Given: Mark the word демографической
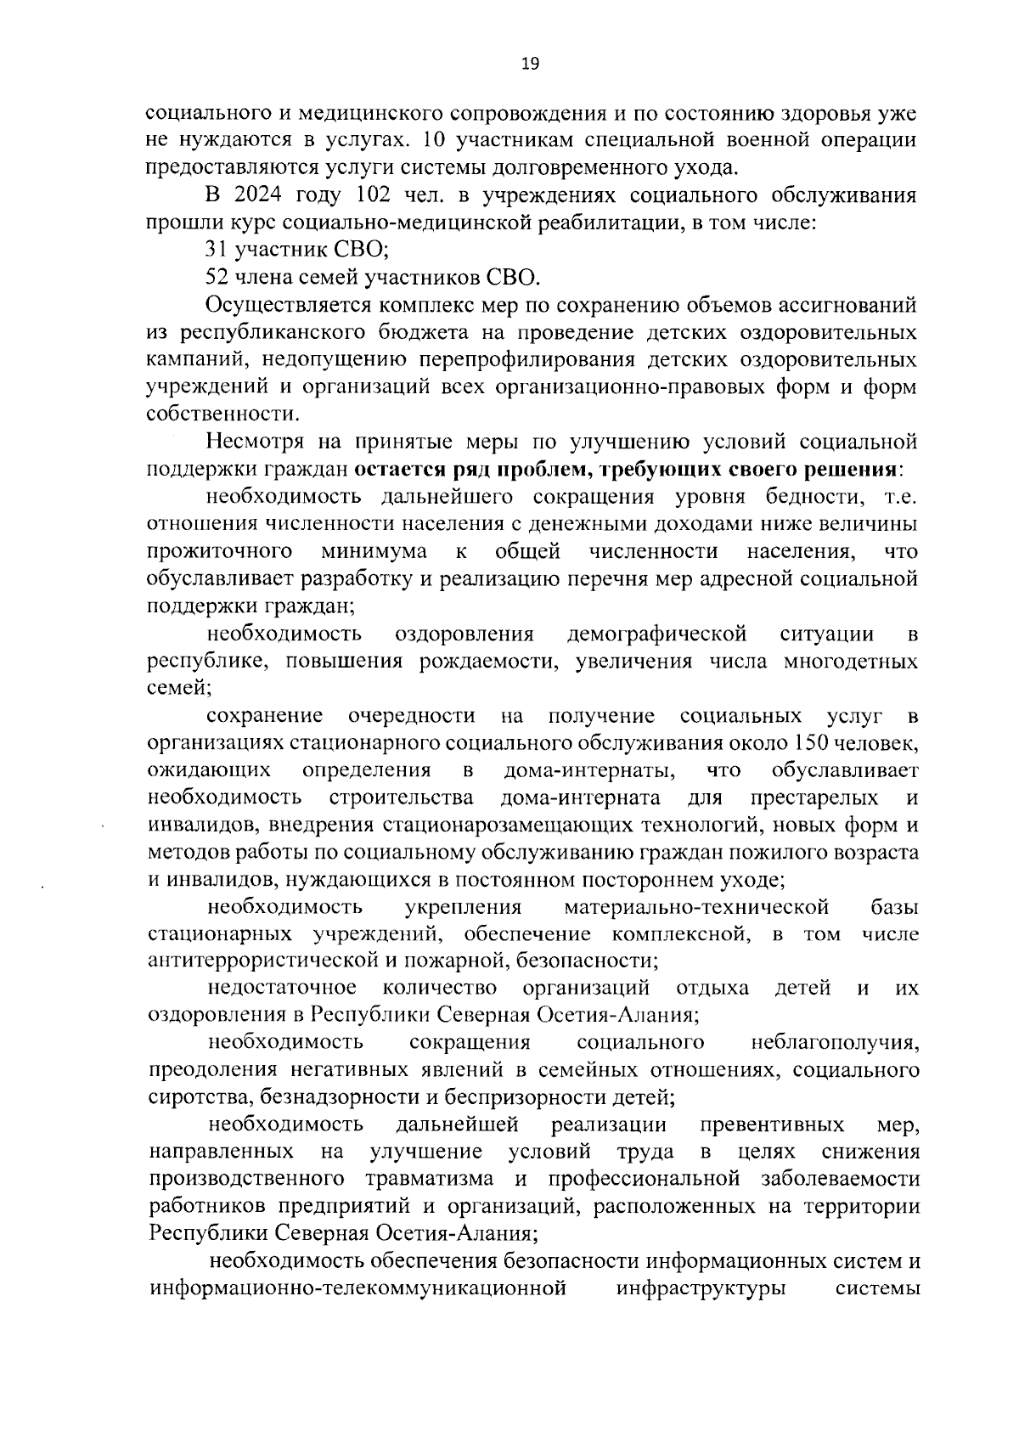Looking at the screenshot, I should tap(656, 634).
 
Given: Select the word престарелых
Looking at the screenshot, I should tap(814, 798).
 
